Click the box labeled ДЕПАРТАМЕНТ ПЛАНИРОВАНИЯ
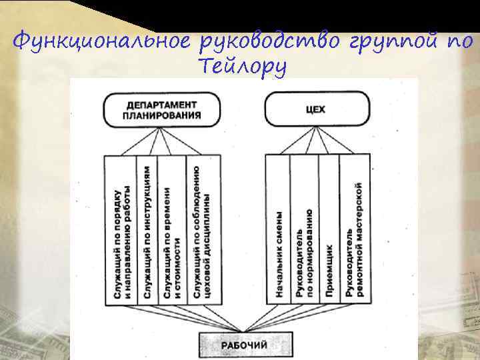[x=163, y=109]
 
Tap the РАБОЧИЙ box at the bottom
[x=243, y=344]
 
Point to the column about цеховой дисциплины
[x=203, y=231]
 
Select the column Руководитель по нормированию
[x=304, y=231]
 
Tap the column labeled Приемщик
[x=329, y=231]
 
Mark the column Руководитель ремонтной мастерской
[x=354, y=231]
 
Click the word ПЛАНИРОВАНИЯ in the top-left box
[x=163, y=114]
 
